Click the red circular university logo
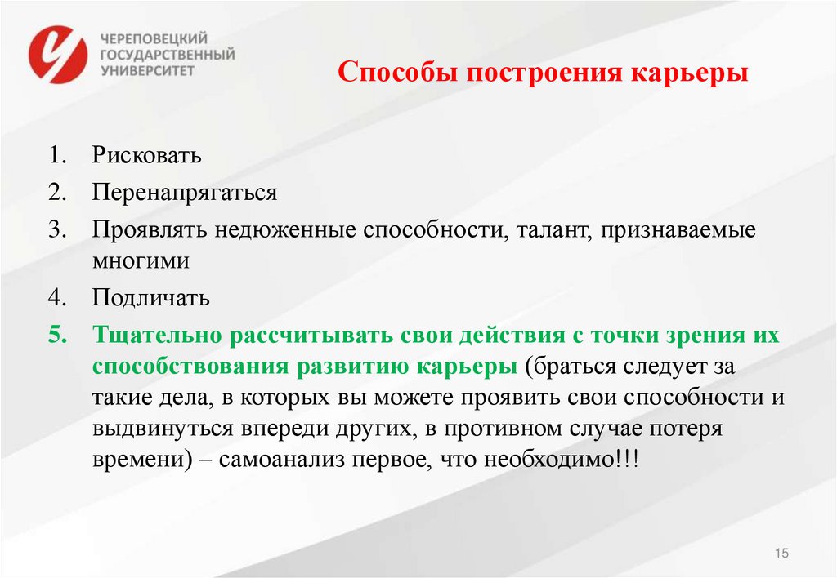[57, 54]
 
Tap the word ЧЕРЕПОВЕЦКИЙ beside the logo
[154, 38]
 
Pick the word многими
[141, 261]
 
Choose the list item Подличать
[151, 298]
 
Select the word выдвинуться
[158, 429]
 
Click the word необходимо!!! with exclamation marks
[565, 460]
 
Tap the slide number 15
[781, 554]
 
